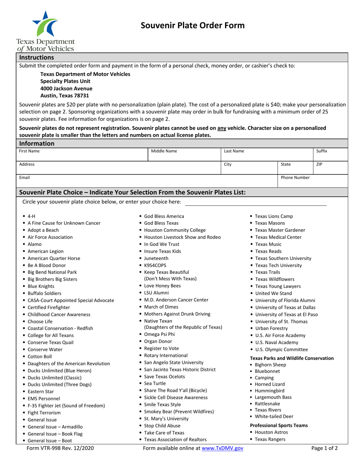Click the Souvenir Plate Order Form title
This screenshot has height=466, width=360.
(x=193, y=25)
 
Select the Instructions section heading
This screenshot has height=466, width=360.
(x=36, y=58)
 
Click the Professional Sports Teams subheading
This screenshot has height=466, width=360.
(x=279, y=425)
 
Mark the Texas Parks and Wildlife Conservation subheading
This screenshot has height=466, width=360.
(x=292, y=358)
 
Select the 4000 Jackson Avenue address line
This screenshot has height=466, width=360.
(x=66, y=88)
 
